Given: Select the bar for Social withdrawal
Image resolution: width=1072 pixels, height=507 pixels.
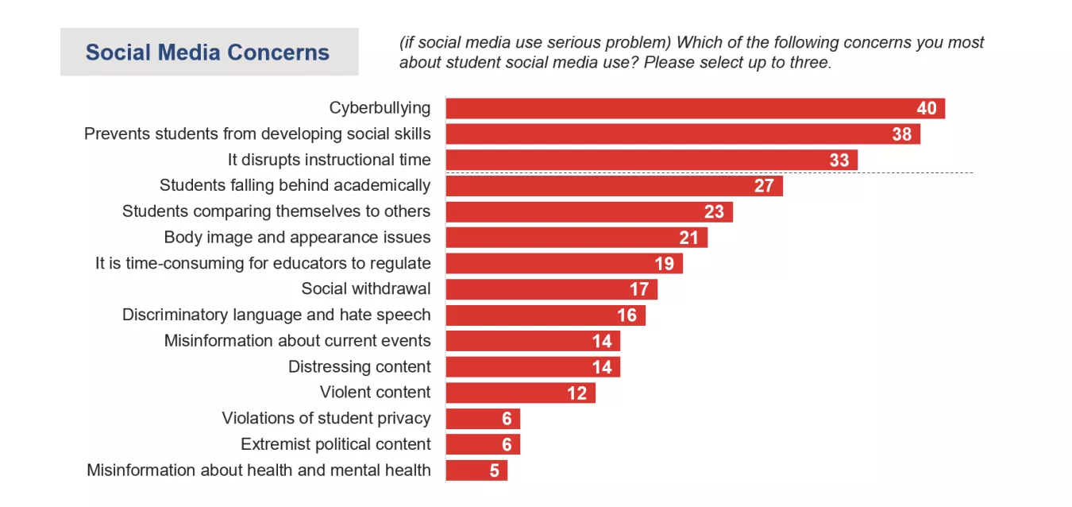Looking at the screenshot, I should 551,289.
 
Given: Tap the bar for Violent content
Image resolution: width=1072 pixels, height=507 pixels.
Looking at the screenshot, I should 520,393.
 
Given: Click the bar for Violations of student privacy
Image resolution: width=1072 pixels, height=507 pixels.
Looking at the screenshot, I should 483,419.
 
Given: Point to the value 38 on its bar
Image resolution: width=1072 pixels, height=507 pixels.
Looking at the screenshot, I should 901,134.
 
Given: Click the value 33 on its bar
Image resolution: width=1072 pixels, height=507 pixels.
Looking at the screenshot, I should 839,160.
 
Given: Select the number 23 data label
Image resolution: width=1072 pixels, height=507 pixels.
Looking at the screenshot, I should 714,211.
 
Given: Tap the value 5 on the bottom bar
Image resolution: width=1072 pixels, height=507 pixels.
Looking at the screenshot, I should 495,470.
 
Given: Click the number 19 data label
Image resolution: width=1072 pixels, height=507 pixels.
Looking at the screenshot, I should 664,263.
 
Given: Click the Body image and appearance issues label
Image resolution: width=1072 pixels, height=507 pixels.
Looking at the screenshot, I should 297,237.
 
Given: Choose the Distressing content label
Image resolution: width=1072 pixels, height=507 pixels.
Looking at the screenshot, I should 359,366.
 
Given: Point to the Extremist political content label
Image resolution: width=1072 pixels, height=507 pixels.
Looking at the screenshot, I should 335,444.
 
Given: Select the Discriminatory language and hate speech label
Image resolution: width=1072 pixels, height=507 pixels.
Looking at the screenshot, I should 276,315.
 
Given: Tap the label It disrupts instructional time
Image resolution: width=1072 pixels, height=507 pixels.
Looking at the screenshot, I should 329,160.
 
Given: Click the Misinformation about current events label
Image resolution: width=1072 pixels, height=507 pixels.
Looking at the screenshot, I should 297,341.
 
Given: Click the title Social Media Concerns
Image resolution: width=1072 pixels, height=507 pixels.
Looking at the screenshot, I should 207,52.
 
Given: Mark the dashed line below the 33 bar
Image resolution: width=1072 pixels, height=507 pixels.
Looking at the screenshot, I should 913,172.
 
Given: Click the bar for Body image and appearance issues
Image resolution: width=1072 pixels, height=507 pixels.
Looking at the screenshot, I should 576,238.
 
